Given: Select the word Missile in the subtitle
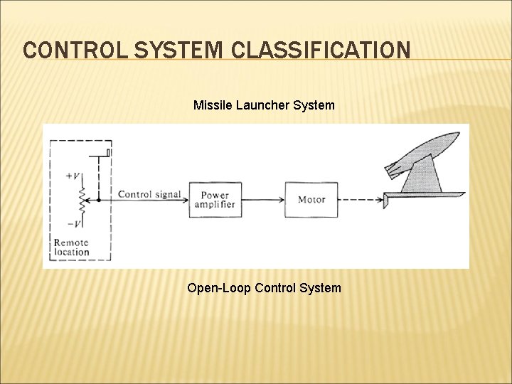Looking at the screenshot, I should (x=211, y=105).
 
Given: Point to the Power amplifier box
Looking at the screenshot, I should (x=215, y=199).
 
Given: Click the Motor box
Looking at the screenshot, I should (x=311, y=199).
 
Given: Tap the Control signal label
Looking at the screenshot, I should (x=149, y=194).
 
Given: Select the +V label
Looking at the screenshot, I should (x=72, y=176).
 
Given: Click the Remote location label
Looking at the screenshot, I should (x=72, y=247).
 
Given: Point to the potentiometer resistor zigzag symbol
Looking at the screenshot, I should (x=82, y=200).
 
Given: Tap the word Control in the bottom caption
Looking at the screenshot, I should (x=274, y=288).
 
